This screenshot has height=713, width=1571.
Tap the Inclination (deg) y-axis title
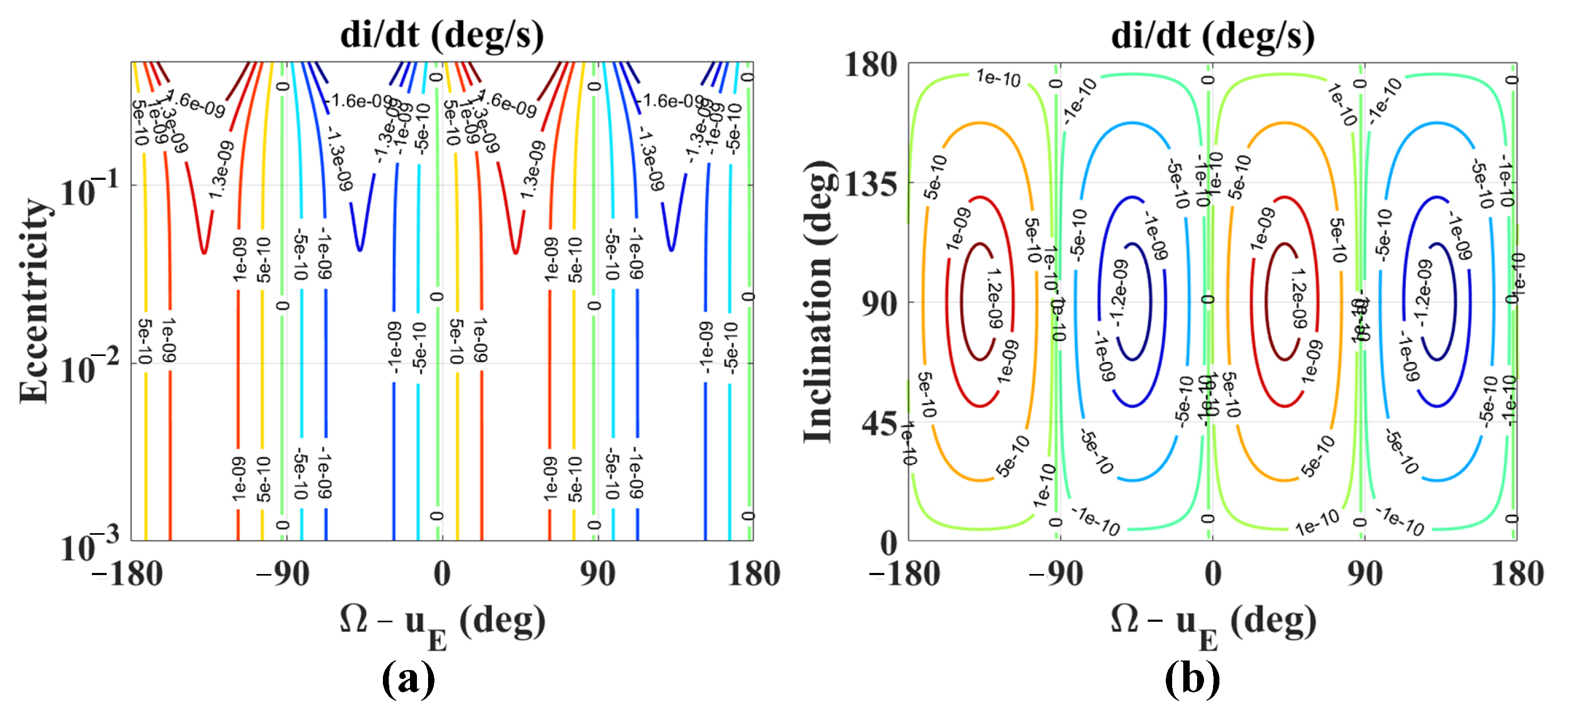[817, 302]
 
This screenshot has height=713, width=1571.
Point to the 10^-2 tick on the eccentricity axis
[89, 368]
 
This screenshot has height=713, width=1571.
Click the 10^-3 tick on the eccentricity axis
[89, 545]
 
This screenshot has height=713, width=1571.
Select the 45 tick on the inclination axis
[879, 423]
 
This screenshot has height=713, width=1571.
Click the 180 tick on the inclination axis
[870, 64]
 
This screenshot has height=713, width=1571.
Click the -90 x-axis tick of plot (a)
[283, 574]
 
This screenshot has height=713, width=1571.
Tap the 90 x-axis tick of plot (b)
[1365, 574]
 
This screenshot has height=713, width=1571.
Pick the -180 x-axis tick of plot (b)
[904, 574]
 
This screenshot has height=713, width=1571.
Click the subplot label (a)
[408, 679]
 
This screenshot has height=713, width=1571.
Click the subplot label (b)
[1192, 679]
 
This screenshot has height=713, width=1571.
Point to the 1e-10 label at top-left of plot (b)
[998, 78]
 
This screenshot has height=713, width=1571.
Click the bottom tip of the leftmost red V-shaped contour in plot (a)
[204, 251]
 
